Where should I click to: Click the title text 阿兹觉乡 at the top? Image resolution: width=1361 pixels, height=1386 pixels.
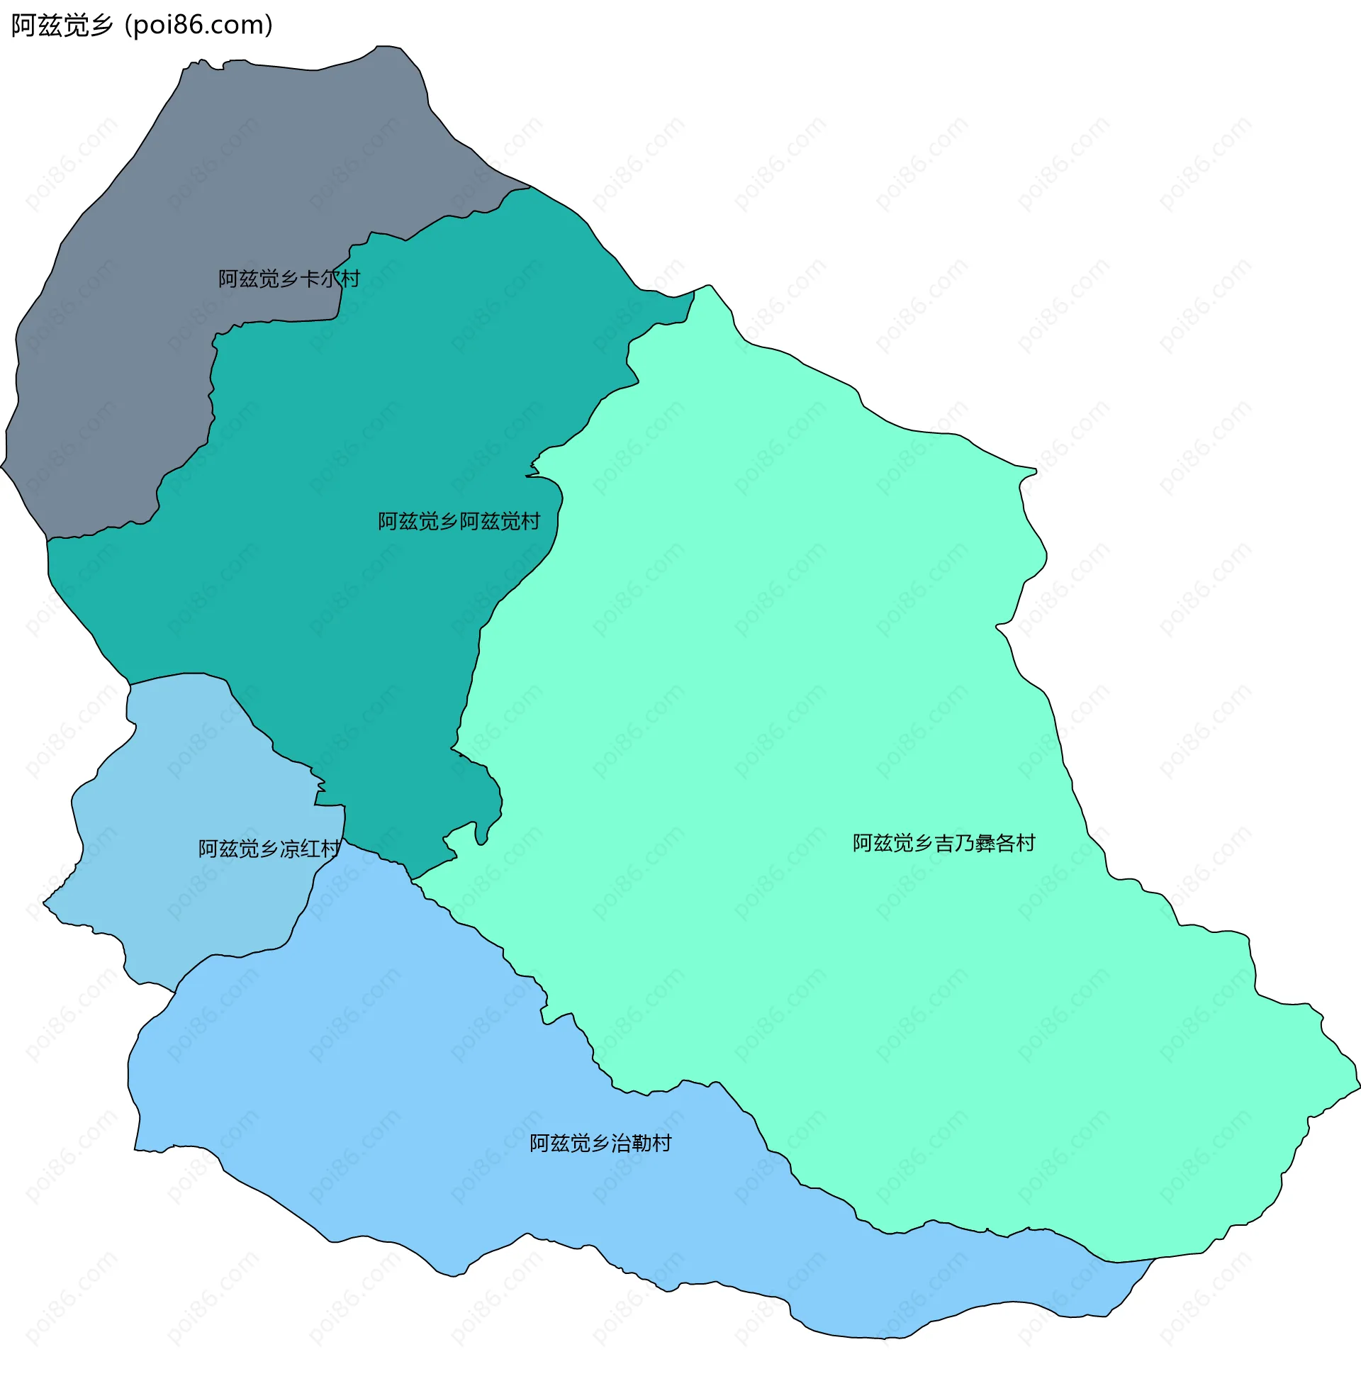(62, 26)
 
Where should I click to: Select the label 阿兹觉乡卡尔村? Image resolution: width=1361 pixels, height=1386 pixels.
(289, 279)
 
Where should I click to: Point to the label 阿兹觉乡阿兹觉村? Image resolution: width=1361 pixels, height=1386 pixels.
(459, 522)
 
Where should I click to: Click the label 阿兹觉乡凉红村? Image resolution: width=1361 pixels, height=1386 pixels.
(269, 849)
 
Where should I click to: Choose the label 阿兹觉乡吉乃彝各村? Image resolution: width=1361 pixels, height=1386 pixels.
(943, 844)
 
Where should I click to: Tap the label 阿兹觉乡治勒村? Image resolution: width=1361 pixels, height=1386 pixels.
(600, 1144)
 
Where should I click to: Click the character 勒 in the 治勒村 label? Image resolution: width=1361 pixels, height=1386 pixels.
(642, 1144)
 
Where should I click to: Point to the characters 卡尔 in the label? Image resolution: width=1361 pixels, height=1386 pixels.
(320, 279)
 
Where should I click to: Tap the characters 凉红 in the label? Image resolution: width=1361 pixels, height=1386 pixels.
(301, 849)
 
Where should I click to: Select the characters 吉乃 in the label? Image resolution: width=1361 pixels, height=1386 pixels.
(944, 844)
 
